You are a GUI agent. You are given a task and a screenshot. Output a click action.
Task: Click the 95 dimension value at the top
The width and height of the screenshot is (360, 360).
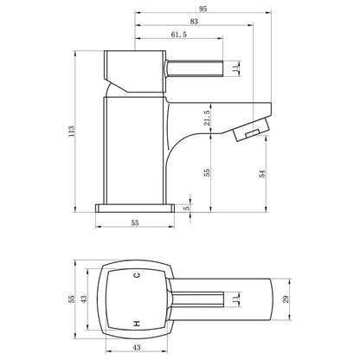pos(202,9)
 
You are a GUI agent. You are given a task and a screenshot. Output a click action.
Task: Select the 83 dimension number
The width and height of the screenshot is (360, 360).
pos(194,22)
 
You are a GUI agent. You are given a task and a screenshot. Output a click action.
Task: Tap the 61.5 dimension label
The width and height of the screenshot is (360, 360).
pos(179,35)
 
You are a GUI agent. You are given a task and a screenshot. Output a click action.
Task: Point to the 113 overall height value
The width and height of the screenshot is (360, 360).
pos(71,132)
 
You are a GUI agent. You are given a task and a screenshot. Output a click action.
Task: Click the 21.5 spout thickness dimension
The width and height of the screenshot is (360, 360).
pos(208,118)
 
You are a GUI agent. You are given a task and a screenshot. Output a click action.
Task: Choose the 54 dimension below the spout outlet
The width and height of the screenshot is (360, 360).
pos(262,174)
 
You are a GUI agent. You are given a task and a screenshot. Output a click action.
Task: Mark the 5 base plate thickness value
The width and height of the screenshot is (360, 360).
pos(186,208)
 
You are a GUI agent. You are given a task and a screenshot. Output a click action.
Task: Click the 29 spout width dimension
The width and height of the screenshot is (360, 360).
pos(286,299)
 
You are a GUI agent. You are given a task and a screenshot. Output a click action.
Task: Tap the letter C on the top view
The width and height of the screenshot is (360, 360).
pos(137,274)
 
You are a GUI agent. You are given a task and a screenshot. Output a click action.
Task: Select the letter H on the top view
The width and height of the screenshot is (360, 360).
pos(137,324)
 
